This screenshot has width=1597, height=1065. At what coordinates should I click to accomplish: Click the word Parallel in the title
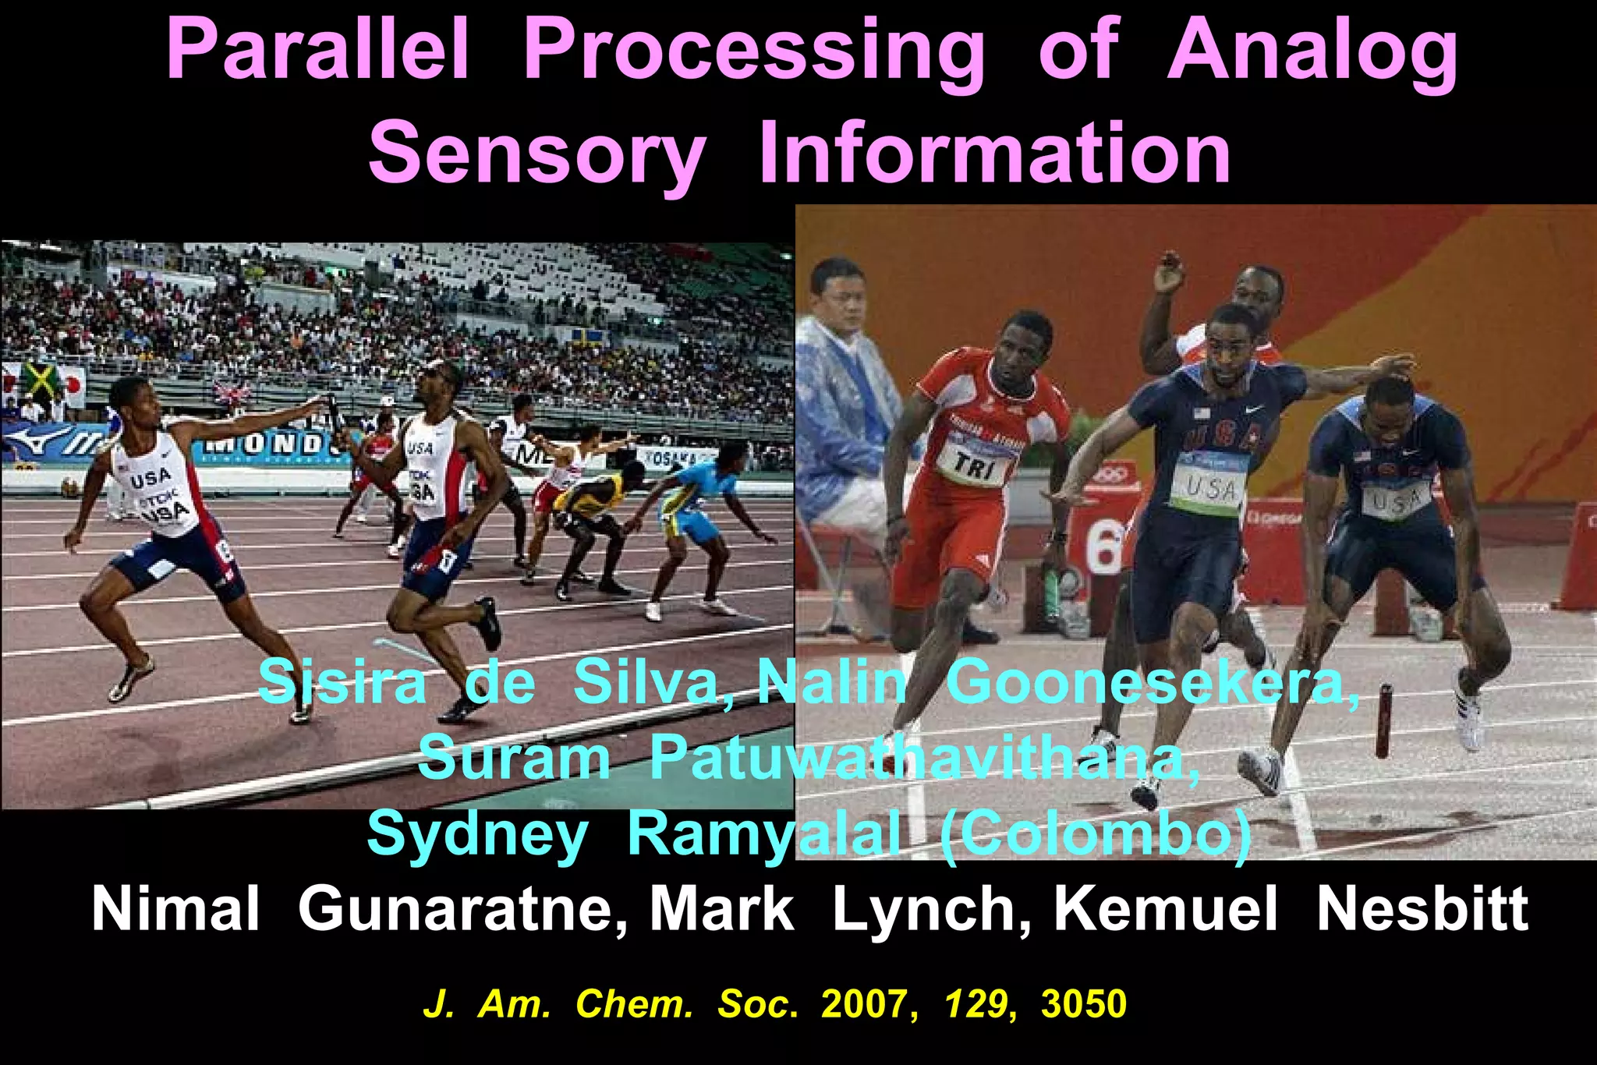318,51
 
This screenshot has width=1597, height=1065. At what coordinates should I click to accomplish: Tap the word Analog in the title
1312,51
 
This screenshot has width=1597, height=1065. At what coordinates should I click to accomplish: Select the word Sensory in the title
536,154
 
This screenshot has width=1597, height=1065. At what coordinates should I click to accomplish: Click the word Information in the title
995,152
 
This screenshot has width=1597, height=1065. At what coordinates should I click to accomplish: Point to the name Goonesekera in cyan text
1152,682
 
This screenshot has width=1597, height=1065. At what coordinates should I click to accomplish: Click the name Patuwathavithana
924,757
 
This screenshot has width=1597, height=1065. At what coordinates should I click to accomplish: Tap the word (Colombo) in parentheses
1095,833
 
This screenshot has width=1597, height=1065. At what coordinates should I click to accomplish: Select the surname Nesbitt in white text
1422,909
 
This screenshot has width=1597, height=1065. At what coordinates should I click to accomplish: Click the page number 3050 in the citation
1083,1004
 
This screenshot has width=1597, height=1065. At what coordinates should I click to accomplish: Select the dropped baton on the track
1383,720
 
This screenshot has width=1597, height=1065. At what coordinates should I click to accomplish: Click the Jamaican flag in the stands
41,380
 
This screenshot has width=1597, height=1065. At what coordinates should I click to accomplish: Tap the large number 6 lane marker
1104,544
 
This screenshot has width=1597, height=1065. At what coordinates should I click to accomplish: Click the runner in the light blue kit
694,511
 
